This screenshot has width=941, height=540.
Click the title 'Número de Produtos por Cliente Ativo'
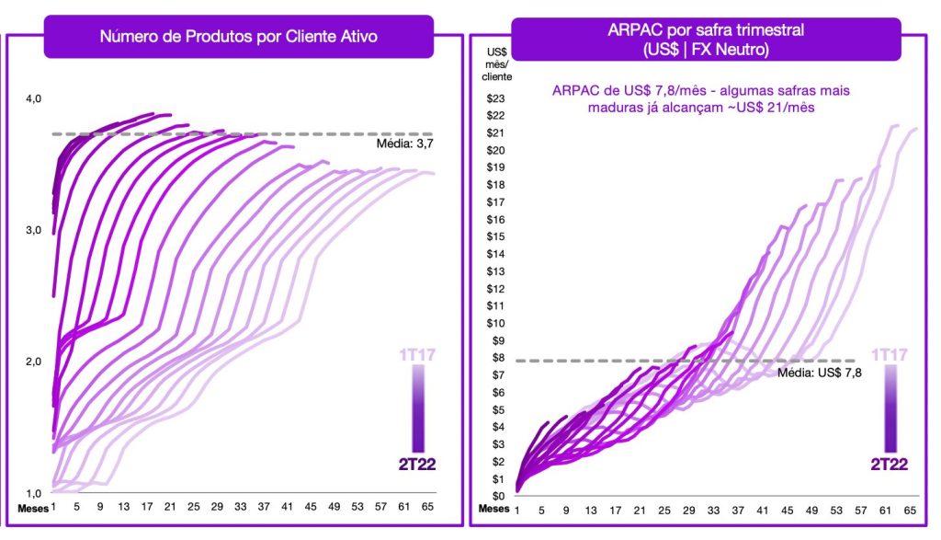click(238, 37)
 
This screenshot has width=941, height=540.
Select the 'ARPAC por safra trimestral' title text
click(706, 30)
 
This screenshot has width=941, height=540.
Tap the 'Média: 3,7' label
click(404, 144)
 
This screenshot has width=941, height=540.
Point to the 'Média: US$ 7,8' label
click(819, 373)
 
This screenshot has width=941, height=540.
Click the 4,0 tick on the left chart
click(34, 98)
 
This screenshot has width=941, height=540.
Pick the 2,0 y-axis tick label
click(34, 362)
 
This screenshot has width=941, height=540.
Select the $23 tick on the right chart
click(495, 98)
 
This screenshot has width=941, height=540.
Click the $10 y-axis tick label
click(495, 323)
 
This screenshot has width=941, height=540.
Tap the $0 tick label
click(498, 496)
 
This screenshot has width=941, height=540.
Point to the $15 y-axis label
click(495, 236)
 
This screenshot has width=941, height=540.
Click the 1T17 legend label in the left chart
click(418, 355)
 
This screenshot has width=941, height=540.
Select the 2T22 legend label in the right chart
click(890, 465)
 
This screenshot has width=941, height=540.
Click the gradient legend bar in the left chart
click(418, 409)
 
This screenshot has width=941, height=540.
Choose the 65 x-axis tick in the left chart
click(427, 507)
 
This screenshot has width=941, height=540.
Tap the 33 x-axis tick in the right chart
click(713, 511)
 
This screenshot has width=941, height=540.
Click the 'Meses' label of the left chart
click(33, 509)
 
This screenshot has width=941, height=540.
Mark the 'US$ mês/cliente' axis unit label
click(497, 64)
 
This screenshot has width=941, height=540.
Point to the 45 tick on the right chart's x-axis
click(787, 511)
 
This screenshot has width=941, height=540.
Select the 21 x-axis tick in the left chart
click(170, 507)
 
